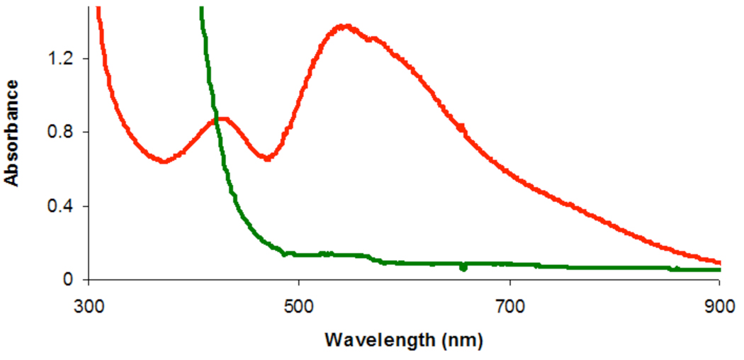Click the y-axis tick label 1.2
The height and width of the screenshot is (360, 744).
coord(60,58)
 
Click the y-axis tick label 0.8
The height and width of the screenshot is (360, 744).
coord(60,132)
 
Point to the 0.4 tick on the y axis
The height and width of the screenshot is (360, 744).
coord(60,206)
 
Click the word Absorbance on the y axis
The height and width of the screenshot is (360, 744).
coord(12,133)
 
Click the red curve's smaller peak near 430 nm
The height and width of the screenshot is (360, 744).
coord(222,119)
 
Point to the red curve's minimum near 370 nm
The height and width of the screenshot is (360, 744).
coord(164,162)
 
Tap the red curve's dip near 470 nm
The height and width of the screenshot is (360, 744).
coord(267,158)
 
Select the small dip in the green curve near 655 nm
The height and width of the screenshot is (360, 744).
coord(463,267)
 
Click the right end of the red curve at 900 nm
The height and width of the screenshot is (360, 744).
coord(718,261)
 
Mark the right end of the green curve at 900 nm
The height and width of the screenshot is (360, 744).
coord(718,270)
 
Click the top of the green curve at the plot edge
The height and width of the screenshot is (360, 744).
coord(201,9)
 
